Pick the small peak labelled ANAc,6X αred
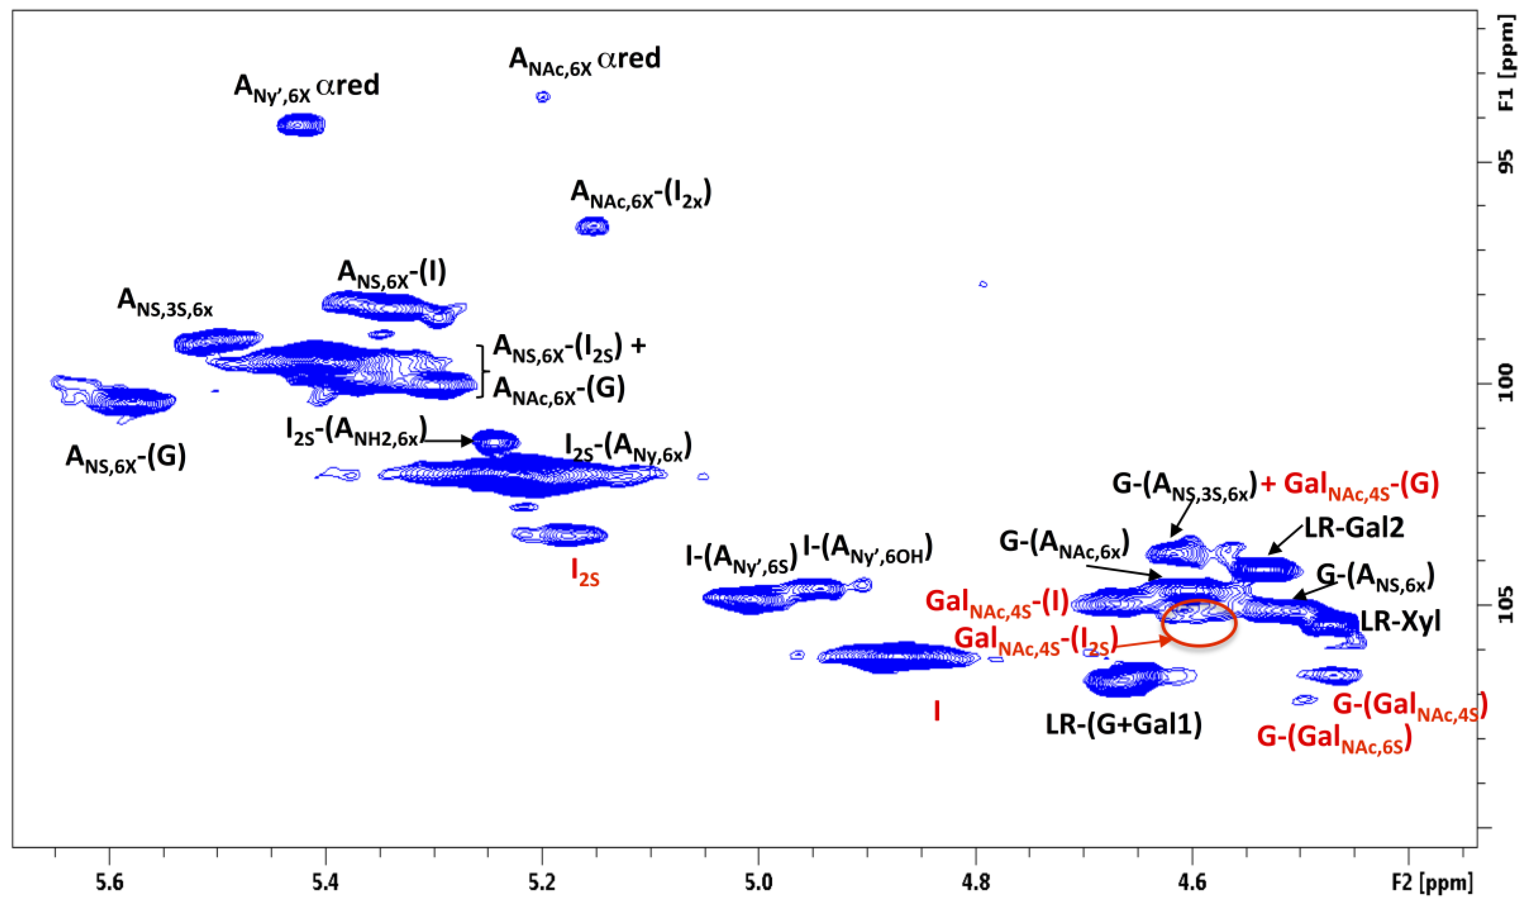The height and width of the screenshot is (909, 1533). (x=542, y=97)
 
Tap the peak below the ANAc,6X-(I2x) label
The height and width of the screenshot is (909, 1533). (x=592, y=227)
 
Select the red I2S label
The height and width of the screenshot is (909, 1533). (x=585, y=573)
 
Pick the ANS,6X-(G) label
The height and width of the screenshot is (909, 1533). (x=126, y=457)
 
